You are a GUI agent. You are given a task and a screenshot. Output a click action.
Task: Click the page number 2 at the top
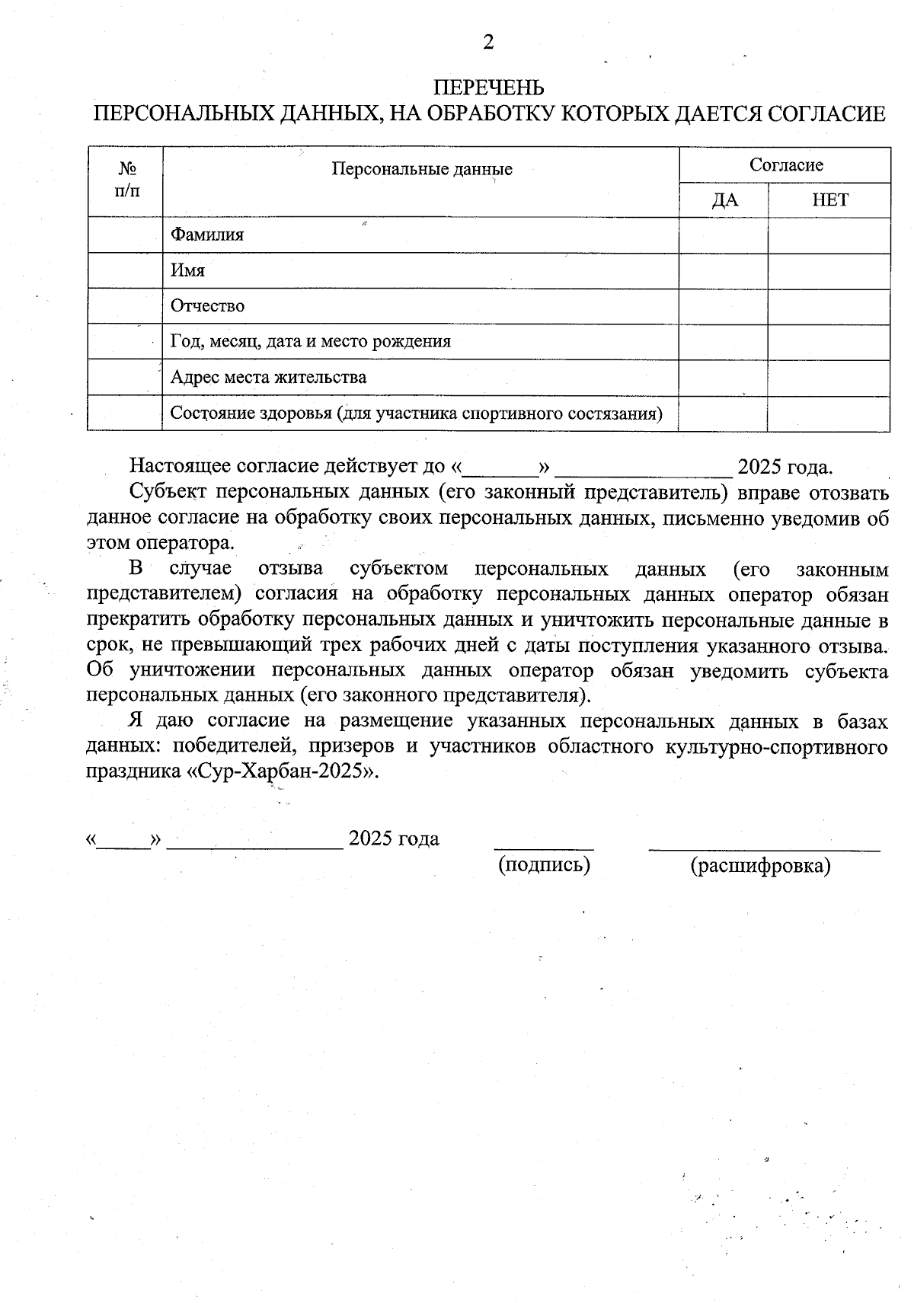[x=488, y=43]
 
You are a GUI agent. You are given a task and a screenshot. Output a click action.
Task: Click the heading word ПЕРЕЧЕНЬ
[x=488, y=88]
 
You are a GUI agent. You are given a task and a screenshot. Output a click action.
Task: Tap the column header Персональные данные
[x=421, y=169]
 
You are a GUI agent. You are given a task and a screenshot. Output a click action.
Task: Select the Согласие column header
[x=785, y=165]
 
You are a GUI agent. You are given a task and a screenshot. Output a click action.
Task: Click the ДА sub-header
[x=724, y=200]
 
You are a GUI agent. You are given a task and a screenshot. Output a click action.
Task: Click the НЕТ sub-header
[x=829, y=200]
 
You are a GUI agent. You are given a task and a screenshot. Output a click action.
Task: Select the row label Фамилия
[x=207, y=235]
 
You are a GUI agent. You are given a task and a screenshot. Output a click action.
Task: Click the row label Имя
[x=187, y=270]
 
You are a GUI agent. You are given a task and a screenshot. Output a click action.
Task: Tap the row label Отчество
[x=207, y=306]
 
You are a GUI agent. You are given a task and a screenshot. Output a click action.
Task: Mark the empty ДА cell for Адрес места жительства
[x=724, y=377]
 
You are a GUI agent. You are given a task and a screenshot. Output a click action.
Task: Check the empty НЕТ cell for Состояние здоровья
[x=829, y=413]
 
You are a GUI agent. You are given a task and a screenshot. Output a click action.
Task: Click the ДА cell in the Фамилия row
[x=724, y=235]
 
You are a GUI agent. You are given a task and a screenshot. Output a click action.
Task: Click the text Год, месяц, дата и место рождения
[x=310, y=342]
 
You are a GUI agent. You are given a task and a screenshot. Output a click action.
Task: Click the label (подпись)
[x=544, y=864]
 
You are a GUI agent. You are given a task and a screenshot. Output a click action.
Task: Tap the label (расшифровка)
[x=760, y=866]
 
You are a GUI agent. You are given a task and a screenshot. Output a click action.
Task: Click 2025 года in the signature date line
[x=393, y=839]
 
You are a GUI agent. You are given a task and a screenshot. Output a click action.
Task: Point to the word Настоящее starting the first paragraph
[x=181, y=465]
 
